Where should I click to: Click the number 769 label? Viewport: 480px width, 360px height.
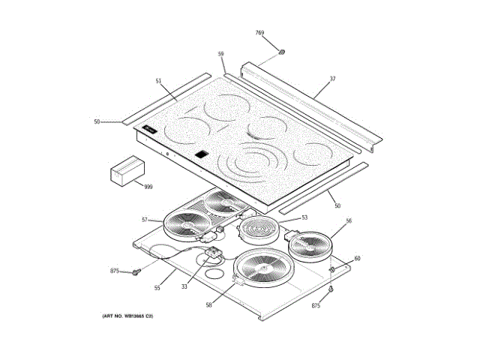click(x=259, y=33)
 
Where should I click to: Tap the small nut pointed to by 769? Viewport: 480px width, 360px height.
click(x=283, y=51)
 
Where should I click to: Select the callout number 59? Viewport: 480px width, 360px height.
click(x=221, y=54)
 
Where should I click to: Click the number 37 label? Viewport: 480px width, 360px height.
click(x=332, y=79)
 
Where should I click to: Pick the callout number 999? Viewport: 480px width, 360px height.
click(x=148, y=186)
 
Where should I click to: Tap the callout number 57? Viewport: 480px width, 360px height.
click(x=145, y=220)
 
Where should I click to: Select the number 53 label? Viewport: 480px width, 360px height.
click(x=304, y=217)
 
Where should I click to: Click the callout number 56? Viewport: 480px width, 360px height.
click(x=348, y=221)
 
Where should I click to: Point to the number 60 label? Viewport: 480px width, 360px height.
click(x=357, y=259)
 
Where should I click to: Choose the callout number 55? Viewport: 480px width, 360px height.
click(x=157, y=288)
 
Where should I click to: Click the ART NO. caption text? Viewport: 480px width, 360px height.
click(x=128, y=318)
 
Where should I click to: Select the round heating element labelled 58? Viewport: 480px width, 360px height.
click(x=263, y=269)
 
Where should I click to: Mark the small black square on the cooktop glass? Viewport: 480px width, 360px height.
click(x=200, y=155)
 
